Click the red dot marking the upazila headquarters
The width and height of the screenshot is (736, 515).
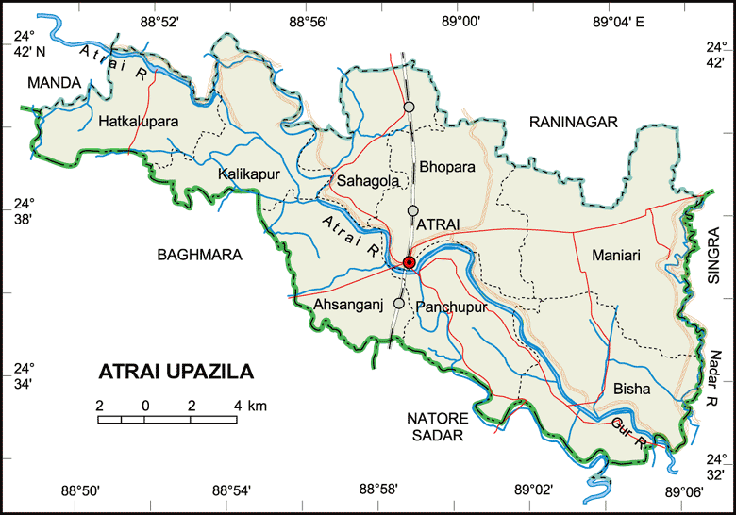pos(409,261)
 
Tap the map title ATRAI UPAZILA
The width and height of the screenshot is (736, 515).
pos(176,372)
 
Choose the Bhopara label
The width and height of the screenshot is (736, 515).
pos(448,167)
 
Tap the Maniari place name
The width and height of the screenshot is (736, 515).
pos(616,255)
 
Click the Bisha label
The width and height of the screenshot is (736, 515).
pos(631,388)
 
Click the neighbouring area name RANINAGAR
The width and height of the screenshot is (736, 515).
pos(572,122)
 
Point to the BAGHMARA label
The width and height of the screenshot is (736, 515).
pos(200,255)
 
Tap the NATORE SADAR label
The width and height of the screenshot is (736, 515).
pos(436,426)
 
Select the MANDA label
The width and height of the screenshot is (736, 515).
pos(54,84)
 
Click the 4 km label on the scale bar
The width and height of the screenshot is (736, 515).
pos(250,406)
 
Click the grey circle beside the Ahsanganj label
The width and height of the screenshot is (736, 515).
pos(399,304)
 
